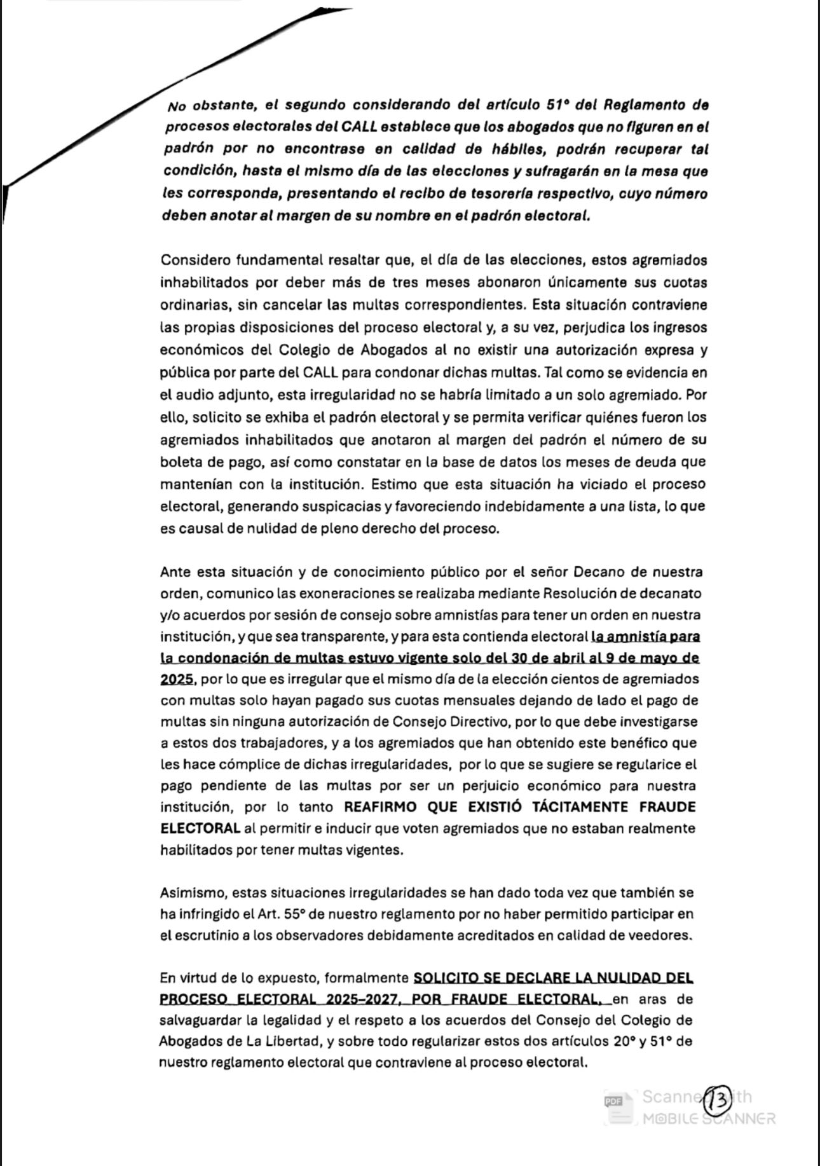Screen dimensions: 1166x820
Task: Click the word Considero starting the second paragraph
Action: coord(195,260)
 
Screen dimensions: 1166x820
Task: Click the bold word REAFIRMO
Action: coord(380,807)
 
